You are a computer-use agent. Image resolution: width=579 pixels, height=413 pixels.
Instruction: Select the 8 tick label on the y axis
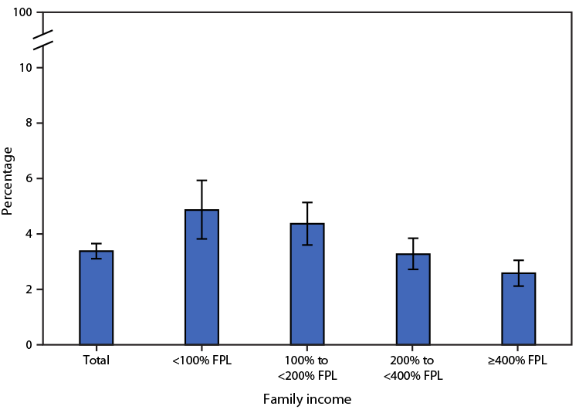(29, 124)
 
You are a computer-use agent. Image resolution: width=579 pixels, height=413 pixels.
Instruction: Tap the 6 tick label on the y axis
(29, 179)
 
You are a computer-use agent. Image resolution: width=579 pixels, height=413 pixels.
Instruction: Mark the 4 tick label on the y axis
(29, 234)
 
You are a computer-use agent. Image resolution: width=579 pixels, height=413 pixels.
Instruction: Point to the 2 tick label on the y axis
(29, 289)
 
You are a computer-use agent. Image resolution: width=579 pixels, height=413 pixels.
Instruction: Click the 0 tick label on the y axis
(29, 345)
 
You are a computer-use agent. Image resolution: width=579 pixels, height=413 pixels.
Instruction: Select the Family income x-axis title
(307, 399)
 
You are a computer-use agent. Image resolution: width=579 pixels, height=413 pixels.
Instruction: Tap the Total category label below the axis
(96, 361)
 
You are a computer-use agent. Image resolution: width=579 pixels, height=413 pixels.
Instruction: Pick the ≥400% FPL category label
(519, 361)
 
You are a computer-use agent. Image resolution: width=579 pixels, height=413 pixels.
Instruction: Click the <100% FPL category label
(201, 361)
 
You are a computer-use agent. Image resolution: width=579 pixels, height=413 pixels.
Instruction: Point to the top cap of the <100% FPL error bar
(201, 181)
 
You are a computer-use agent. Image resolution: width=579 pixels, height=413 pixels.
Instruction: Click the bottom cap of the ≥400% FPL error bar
(519, 286)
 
